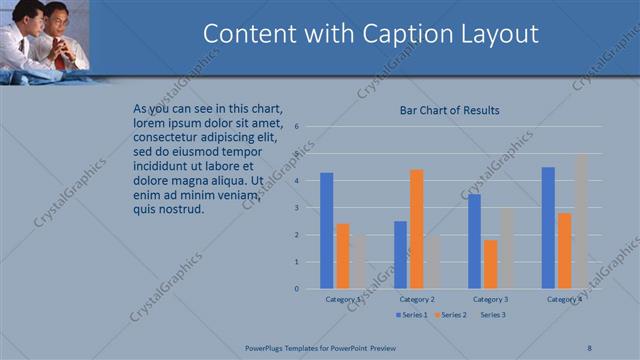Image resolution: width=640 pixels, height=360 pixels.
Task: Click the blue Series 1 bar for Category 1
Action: coord(327,231)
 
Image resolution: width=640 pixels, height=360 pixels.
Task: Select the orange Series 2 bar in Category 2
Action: coord(416,229)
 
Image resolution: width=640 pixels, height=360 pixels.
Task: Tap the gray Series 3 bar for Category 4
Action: coord(580,221)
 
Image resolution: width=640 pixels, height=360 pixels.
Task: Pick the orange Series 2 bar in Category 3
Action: coord(490,264)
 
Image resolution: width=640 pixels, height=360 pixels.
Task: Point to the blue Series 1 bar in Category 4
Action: coord(548,228)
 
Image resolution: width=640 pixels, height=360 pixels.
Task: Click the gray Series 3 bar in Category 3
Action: coord(506,248)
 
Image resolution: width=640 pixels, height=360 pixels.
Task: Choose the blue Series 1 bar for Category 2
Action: coord(400,255)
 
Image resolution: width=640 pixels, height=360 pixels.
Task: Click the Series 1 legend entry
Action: coord(411,315)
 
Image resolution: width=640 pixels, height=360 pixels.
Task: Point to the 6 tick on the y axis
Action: coord(297,127)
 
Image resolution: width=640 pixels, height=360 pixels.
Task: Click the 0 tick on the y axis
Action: coord(297,289)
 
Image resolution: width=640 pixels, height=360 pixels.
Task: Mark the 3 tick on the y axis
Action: coord(297,208)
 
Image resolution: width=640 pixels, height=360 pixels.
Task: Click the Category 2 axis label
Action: coord(417,299)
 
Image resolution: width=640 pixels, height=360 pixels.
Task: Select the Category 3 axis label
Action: coord(490,299)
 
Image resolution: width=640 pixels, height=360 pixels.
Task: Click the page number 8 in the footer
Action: coord(589,347)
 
